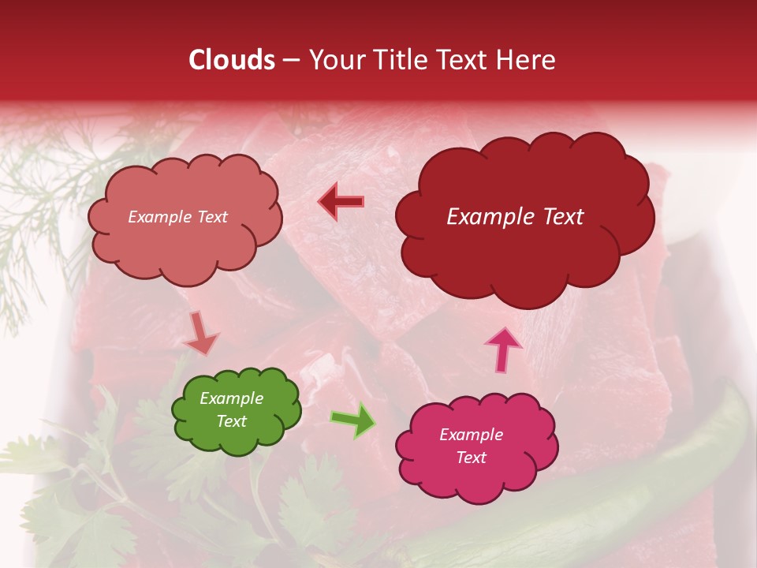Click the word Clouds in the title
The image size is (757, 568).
(x=232, y=60)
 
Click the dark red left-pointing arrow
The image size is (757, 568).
(x=341, y=202)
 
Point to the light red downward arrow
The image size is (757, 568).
(x=200, y=333)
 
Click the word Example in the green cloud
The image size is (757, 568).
(x=231, y=398)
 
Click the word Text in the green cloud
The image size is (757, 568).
(x=231, y=421)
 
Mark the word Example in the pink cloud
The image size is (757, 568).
(x=471, y=435)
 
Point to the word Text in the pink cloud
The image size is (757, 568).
(x=471, y=458)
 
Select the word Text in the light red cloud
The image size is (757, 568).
(x=211, y=217)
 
